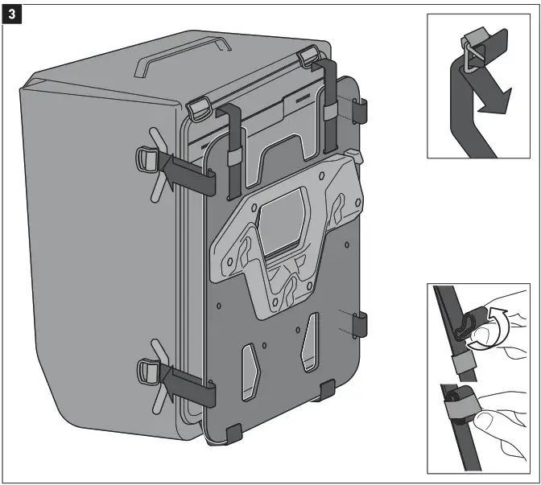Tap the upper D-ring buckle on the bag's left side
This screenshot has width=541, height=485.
(x=147, y=156)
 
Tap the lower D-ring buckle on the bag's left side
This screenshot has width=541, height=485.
(x=147, y=370)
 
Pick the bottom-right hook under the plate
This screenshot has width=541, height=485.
(x=326, y=390)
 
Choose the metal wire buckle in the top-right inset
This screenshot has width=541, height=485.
(x=471, y=60)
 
